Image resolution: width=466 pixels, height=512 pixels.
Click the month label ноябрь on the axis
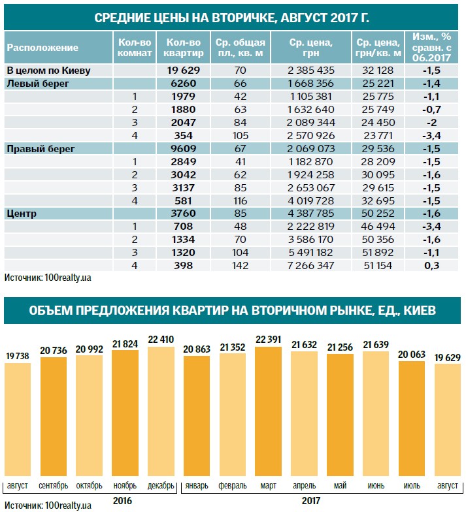click(x=125, y=486)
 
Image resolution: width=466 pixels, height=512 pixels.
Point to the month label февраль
click(x=233, y=486)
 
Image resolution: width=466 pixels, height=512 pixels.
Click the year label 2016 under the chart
click(x=124, y=500)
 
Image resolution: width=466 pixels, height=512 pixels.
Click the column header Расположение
click(x=42, y=48)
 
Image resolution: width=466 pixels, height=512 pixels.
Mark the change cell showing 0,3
click(x=431, y=264)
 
